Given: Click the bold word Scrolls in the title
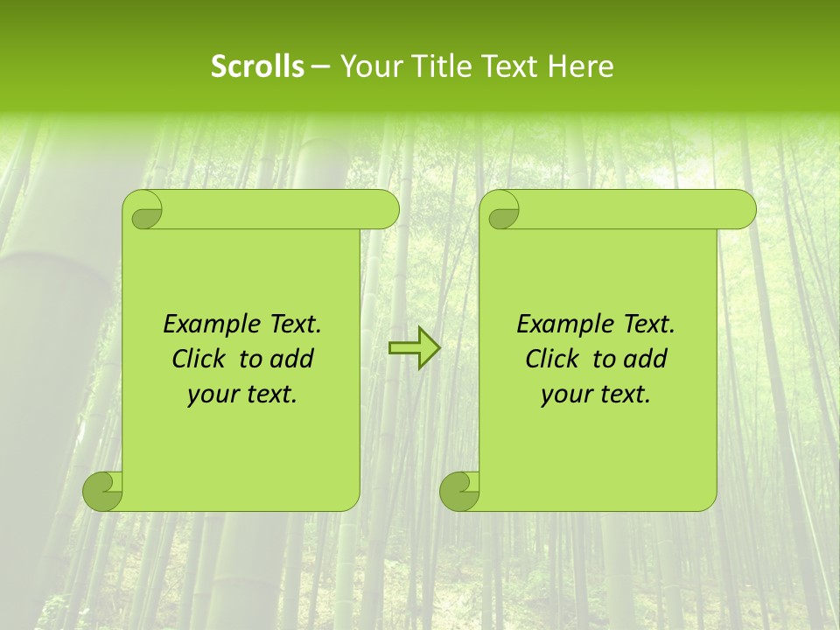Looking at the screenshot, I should [x=257, y=66].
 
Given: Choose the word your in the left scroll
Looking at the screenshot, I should [x=212, y=395].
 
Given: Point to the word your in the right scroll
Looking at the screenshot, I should [x=565, y=395].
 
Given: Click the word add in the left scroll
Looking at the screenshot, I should [x=293, y=359].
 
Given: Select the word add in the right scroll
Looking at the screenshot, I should [x=647, y=359].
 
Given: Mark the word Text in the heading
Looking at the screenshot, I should [x=507, y=66].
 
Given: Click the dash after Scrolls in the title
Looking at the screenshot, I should [x=320, y=67].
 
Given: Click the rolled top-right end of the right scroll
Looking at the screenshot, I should [x=739, y=210].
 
